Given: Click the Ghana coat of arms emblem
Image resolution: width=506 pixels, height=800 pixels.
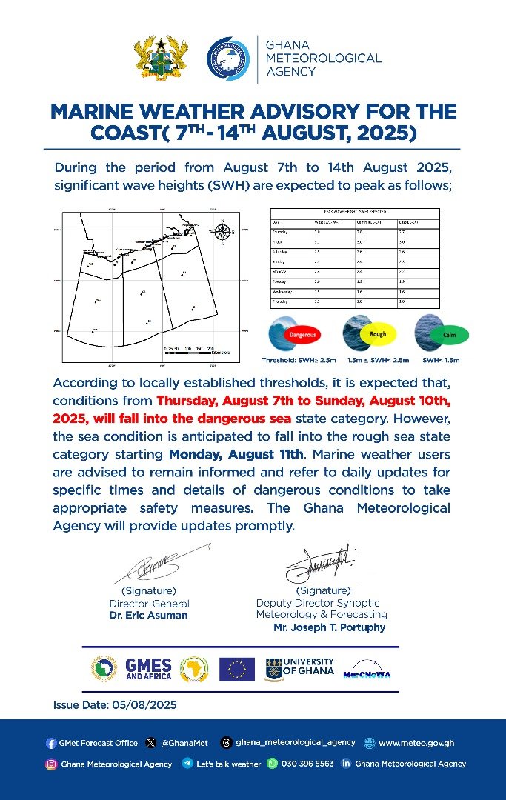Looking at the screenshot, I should (160, 59).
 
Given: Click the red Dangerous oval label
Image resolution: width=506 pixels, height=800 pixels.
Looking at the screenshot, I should (302, 334).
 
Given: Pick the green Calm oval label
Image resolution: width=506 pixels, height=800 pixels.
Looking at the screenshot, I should (449, 335).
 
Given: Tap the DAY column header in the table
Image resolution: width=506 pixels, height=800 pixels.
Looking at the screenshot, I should (276, 221).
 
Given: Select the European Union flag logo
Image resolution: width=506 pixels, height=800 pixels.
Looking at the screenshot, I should (237, 669).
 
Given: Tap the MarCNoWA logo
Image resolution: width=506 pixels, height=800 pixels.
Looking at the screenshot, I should (367, 670).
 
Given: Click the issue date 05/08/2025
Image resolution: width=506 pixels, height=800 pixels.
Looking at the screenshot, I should (115, 704).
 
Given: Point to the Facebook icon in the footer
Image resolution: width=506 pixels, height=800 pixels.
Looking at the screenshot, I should (50, 743).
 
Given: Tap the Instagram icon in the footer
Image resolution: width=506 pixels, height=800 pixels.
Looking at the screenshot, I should (51, 764).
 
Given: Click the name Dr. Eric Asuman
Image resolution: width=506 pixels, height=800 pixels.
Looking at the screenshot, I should (148, 615).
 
